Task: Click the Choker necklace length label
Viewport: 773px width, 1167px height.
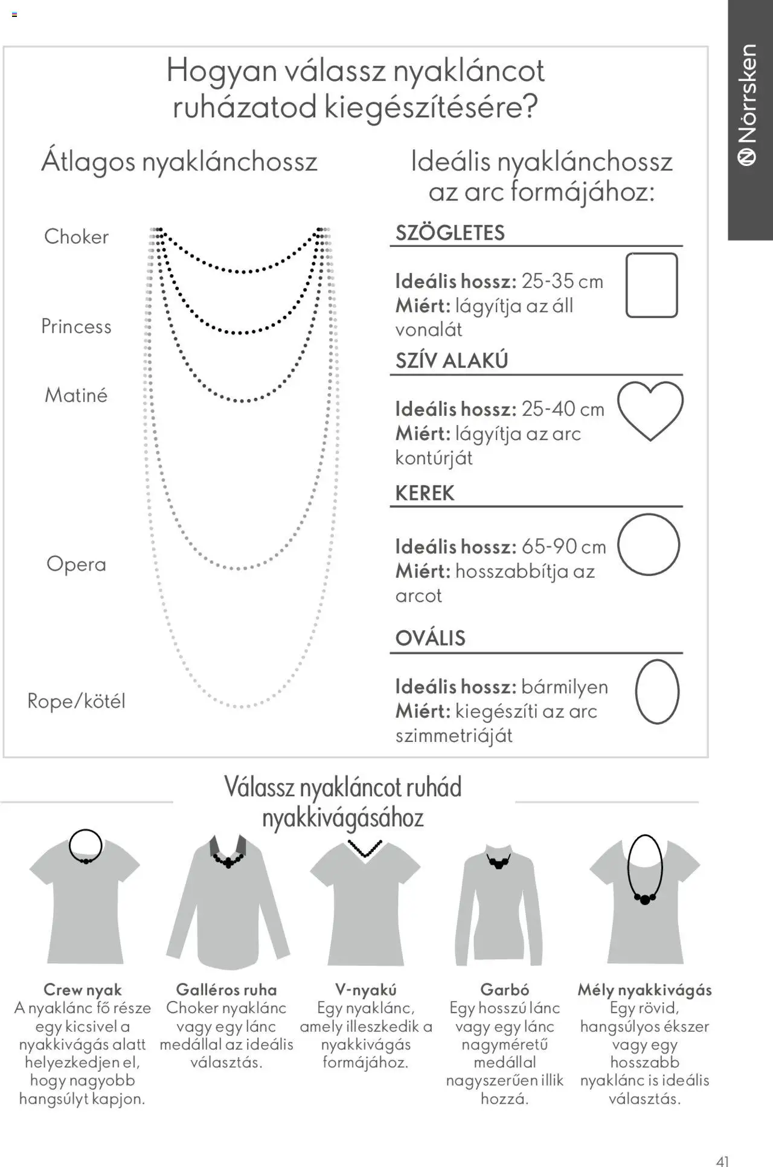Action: [x=76, y=237]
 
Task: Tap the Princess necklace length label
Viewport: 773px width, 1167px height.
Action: [x=76, y=327]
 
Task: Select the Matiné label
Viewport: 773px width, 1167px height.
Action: [x=76, y=395]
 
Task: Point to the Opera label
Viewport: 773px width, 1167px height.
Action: [x=76, y=564]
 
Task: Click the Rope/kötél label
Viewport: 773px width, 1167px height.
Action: [x=76, y=701]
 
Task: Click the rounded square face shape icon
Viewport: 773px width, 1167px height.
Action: [x=651, y=285]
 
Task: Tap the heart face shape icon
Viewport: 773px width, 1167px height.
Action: [x=650, y=411]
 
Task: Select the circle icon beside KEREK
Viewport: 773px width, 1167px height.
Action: [x=649, y=545]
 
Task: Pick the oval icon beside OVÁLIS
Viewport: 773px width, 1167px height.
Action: [x=657, y=692]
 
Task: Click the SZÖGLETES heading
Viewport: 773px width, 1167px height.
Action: [x=450, y=233]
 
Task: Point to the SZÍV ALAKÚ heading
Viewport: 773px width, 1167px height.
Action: [x=452, y=361]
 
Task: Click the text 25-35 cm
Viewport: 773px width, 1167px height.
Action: [x=562, y=281]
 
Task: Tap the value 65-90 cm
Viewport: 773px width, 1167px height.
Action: [x=563, y=547]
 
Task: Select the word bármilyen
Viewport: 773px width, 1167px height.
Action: [x=564, y=687]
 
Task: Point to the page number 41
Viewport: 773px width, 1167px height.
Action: [x=722, y=1161]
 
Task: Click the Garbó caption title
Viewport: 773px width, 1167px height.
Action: [x=504, y=990]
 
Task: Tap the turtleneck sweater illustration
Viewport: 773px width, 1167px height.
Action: [x=499, y=906]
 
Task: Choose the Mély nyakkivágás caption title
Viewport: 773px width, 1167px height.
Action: [x=644, y=990]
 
